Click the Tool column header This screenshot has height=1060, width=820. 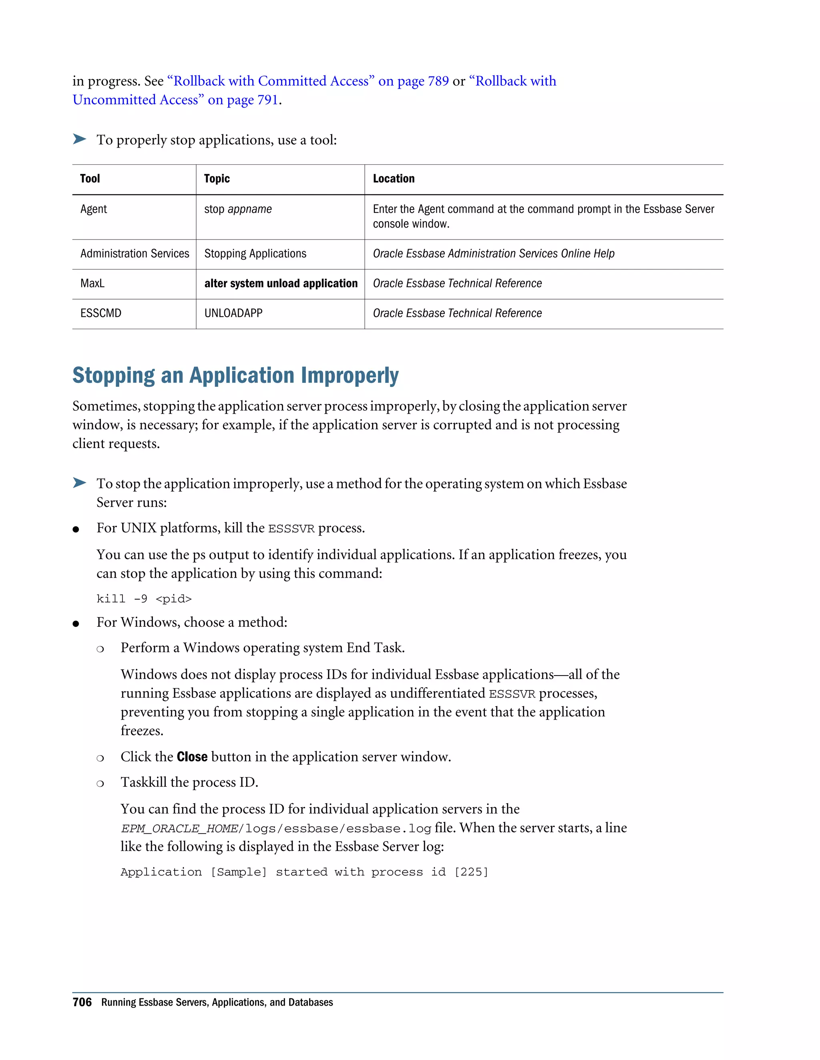click(x=90, y=179)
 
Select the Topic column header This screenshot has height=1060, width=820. click(x=217, y=179)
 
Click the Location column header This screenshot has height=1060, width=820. click(x=394, y=179)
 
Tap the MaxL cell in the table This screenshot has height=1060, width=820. click(x=92, y=284)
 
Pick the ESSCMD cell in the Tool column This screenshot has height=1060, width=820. click(x=100, y=314)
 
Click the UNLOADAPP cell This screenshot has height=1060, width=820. click(x=233, y=314)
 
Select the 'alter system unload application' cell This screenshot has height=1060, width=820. click(x=281, y=284)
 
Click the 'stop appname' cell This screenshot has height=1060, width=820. click(x=237, y=209)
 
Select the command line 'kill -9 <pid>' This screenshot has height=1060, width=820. click(x=144, y=599)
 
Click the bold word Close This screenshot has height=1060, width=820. click(x=192, y=757)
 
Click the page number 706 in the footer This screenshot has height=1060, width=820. click(x=82, y=1002)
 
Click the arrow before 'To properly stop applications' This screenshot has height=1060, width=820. click(x=80, y=139)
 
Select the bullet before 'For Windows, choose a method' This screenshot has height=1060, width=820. click(x=76, y=624)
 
